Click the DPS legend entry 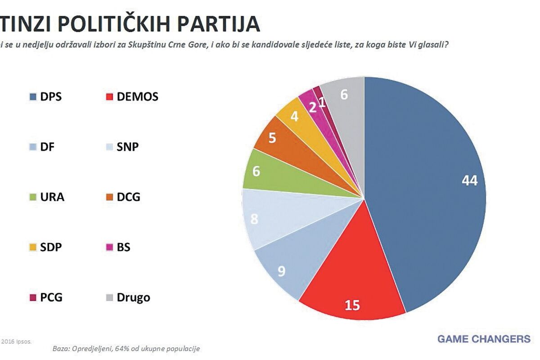(x=45, y=97)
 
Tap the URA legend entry (x=47, y=197)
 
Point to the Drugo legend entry (x=128, y=297)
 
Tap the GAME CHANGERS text (x=484, y=339)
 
